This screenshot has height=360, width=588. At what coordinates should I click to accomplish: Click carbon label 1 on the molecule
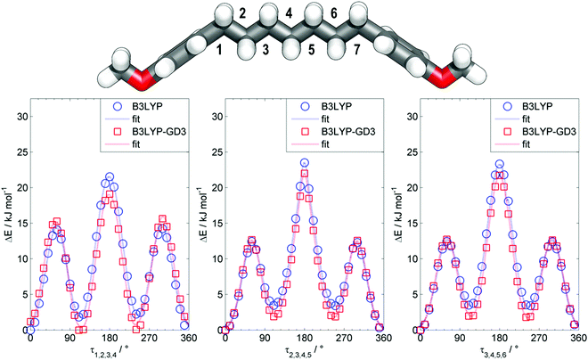pos(219,50)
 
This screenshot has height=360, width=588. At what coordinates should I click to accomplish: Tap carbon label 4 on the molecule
pos(289,13)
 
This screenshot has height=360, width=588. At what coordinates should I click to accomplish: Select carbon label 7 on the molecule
pos(356,50)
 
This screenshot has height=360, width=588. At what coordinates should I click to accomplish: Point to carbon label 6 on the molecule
pos(334,13)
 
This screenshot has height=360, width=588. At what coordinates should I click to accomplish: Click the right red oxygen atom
pos(440,79)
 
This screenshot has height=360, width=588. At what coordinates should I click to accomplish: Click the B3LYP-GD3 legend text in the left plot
pos(159,132)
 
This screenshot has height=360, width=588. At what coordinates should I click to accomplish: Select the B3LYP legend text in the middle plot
pos(337,107)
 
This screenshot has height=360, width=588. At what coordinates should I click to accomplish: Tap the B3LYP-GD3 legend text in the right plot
pos(549,132)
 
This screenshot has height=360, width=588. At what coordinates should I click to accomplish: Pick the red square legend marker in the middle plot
pos(305,132)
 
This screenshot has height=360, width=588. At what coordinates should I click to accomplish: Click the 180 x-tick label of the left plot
pos(110,339)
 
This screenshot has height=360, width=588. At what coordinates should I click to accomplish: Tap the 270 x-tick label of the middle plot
pos(344,339)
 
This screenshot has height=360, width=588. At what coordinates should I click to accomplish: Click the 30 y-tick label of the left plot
pos(23,117)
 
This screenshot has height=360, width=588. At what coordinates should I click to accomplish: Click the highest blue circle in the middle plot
pos(305,163)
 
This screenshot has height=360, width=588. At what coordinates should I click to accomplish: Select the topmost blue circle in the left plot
pos(110,176)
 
